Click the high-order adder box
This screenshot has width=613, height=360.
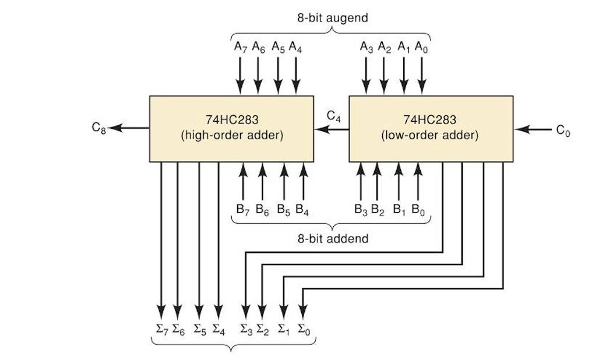(x=231, y=129)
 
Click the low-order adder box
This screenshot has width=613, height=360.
(x=431, y=129)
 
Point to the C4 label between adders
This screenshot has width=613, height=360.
(x=333, y=116)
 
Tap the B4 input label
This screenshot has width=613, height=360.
(x=302, y=209)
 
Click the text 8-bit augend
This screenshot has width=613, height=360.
(x=331, y=17)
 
